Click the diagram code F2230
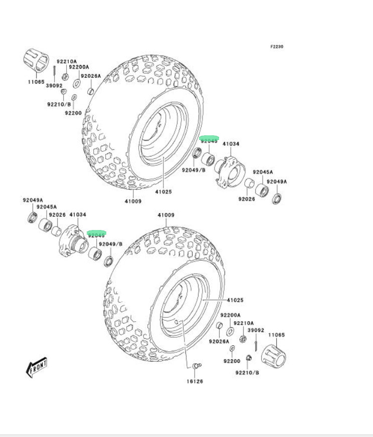(x=277, y=47)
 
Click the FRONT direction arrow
(x=37, y=368)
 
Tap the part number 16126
(x=196, y=381)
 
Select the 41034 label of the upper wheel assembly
(x=231, y=144)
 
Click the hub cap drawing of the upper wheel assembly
(x=36, y=60)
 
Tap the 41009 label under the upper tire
(x=133, y=201)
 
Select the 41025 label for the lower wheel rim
(x=235, y=300)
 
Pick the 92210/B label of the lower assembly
(x=247, y=372)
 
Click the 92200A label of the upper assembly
(x=79, y=67)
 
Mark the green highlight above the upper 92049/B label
(x=209, y=138)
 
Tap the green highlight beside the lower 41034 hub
(x=96, y=234)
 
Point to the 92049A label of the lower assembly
(x=33, y=200)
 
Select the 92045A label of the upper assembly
(x=263, y=172)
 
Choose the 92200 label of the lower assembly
(x=232, y=361)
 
